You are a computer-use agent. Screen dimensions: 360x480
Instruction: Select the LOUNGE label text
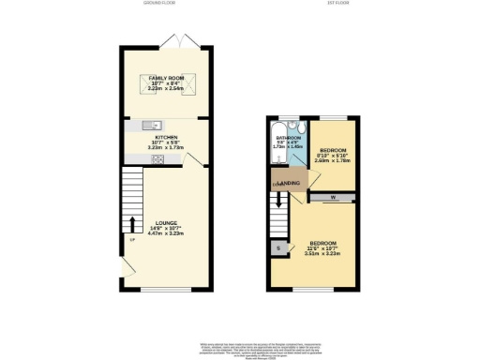click(166, 223)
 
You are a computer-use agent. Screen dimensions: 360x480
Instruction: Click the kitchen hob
click(157, 158)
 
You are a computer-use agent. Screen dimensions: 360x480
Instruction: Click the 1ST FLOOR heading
click(311, 5)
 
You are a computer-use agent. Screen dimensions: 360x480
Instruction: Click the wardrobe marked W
click(334, 197)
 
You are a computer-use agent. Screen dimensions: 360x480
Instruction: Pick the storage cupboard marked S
click(280, 247)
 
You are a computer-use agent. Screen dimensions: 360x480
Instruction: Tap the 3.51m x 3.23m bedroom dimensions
click(320, 253)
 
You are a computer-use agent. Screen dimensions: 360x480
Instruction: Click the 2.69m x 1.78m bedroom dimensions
click(333, 161)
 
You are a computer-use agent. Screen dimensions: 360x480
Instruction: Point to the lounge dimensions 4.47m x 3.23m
click(166, 234)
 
